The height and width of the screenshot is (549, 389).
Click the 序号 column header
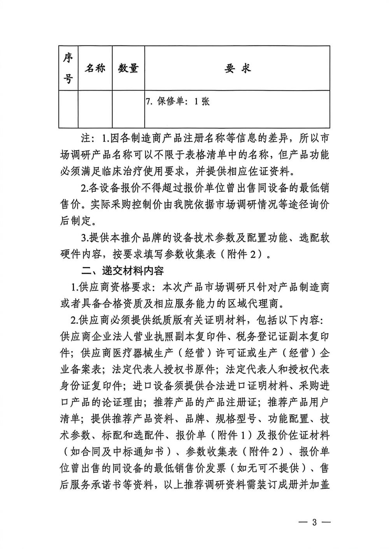pos(68,69)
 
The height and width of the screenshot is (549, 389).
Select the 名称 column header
pos(95,69)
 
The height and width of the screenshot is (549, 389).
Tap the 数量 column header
pos(128,69)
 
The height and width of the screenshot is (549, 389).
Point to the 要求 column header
pos(237,69)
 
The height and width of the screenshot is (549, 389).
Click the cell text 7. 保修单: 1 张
pos(177,102)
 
